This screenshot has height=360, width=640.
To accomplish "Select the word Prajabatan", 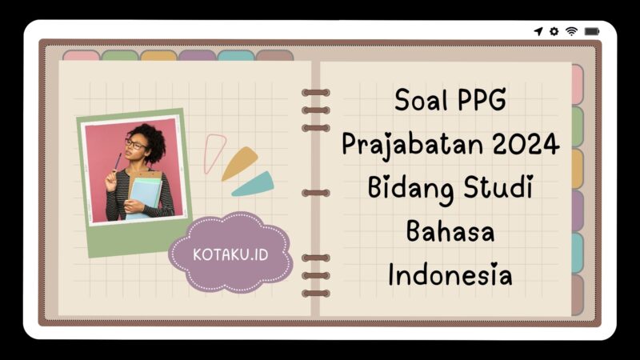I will pos(402,146).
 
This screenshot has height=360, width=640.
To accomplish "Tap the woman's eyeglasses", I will pos(134,145).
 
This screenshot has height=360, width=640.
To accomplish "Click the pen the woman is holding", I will pos(118,162).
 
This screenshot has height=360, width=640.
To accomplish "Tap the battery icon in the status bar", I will pos(592,31).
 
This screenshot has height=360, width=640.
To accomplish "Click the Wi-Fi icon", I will pos(571,31).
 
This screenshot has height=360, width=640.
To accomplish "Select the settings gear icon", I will pos(554,31).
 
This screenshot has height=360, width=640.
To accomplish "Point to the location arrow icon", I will pos(538,31).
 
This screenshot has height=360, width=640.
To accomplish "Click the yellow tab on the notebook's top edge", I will pos(158,55).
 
